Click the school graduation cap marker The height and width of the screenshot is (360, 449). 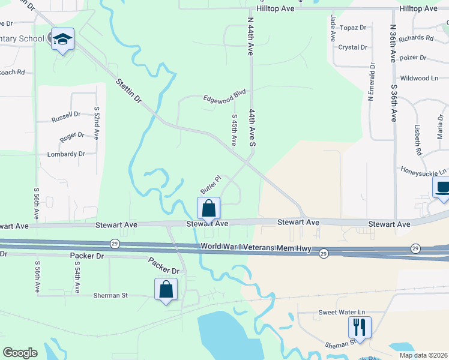[x=62, y=40]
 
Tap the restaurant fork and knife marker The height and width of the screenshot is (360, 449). [x=360, y=328]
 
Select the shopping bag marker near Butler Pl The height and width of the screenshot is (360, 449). [x=208, y=209]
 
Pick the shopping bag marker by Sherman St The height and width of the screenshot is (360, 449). [x=166, y=290]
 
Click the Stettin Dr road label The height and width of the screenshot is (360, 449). [x=128, y=89]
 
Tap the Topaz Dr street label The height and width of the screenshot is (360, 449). [x=352, y=28]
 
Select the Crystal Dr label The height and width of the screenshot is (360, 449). [x=352, y=47]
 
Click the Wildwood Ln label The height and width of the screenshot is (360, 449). [x=420, y=78]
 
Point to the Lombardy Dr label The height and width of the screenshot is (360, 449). [x=66, y=154]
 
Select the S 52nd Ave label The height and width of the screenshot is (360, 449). [x=96, y=123]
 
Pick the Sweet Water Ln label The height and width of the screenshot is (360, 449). [x=341, y=313]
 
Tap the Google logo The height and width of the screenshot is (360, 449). [x=20, y=353]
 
